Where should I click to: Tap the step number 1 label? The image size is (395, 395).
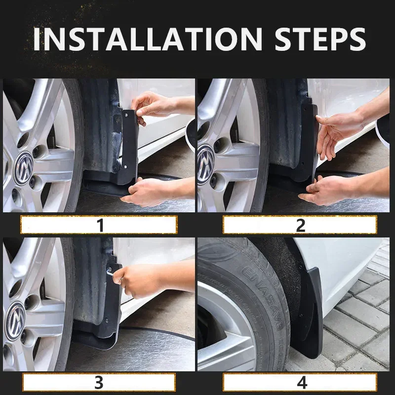[100, 225]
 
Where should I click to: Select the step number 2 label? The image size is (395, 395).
[300, 225]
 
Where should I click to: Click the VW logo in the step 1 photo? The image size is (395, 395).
[23, 161]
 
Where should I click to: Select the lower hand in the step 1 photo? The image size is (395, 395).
[148, 192]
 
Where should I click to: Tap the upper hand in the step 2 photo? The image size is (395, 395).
[336, 131]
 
